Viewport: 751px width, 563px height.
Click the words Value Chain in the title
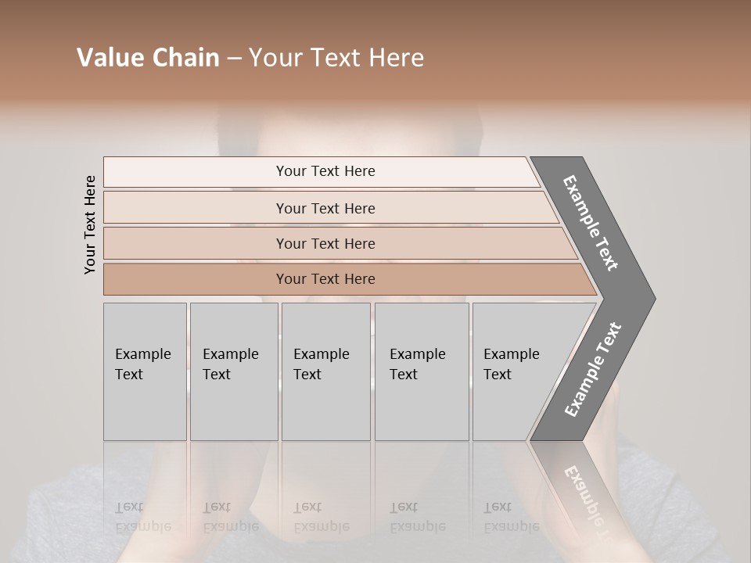pyautogui.click(x=148, y=58)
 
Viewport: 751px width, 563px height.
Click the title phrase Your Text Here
pyautogui.click(x=336, y=58)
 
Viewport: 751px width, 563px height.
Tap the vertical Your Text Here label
pyautogui.click(x=90, y=224)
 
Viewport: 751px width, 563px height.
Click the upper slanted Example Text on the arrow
pyautogui.click(x=590, y=223)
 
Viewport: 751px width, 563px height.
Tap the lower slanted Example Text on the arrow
pyautogui.click(x=592, y=370)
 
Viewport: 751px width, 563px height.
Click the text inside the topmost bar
pyautogui.click(x=325, y=171)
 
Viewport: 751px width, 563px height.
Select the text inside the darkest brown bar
pyautogui.click(x=325, y=279)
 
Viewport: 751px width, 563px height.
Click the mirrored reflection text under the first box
pyautogui.click(x=143, y=517)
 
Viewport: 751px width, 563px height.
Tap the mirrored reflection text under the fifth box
pyautogui.click(x=512, y=517)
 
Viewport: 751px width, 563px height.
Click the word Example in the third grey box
pyautogui.click(x=322, y=354)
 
